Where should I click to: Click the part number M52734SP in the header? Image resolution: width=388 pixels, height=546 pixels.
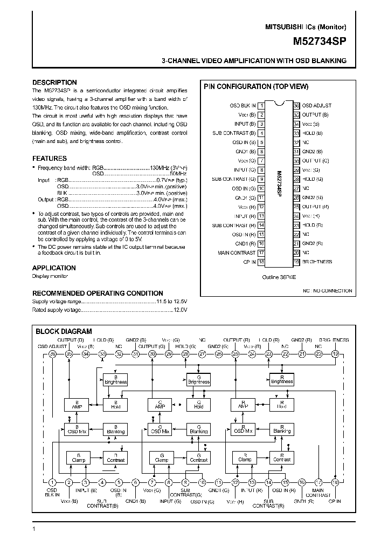pos(320,40)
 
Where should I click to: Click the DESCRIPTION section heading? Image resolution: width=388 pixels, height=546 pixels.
pos(54,83)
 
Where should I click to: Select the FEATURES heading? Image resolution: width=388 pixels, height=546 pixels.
pos(50,159)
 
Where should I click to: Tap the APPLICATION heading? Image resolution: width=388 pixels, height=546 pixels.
pos(54,268)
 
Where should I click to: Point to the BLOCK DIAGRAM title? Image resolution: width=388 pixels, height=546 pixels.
pos(64,331)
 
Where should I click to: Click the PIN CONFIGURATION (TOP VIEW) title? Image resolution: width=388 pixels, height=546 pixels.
pos(255,86)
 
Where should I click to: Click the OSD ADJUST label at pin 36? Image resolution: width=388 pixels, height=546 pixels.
pos(317,106)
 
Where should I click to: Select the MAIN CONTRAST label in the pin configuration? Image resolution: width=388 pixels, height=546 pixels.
pos(237,252)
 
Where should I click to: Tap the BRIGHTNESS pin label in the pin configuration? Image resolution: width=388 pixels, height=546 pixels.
pos(317,262)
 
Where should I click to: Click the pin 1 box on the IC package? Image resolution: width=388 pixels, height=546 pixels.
pos(261,106)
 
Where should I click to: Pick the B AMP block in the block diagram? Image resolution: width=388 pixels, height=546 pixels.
pos(77,405)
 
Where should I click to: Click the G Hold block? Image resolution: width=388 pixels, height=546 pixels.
pos(199,405)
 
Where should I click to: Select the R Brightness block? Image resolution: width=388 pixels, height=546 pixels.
pos(282,379)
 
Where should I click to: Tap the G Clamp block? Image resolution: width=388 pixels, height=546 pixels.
pos(161,458)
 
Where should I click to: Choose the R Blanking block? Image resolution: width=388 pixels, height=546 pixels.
pos(282,429)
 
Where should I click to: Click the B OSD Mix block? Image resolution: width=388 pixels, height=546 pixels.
pos(77,429)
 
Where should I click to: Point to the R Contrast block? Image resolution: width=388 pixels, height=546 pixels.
pos(282,458)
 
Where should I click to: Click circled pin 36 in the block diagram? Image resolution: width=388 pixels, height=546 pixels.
pos(52,354)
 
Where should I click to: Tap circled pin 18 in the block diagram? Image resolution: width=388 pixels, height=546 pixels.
pos(335,482)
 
